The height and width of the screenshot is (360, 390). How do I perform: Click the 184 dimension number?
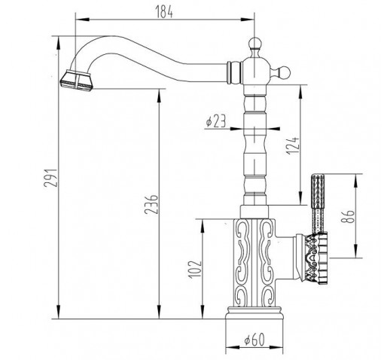tap(164, 12)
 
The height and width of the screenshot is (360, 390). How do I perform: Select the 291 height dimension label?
tap(51, 178)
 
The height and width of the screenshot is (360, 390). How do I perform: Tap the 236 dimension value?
tap(151, 204)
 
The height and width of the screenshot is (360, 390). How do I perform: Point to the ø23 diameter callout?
tap(216, 121)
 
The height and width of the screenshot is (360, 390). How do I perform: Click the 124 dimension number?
tap(293, 146)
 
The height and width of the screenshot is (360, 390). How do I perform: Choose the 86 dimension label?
tap(348, 216)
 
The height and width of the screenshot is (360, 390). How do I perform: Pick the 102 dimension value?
tap(195, 270)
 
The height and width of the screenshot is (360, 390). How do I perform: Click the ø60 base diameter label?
tap(254, 339)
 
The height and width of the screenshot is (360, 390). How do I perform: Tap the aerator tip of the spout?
tap(77, 80)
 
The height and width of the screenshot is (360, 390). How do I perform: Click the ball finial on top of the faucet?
tap(254, 43)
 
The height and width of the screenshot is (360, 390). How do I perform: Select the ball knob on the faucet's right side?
tap(285, 72)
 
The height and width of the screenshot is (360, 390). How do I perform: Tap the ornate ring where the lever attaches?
tap(315, 258)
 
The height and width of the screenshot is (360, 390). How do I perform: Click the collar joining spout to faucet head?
tap(234, 72)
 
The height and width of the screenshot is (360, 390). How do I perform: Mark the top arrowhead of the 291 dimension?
tap(58, 44)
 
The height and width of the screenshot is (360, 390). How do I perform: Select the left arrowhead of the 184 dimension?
tap(82, 20)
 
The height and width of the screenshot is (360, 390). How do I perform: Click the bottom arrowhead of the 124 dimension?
tap(300, 198)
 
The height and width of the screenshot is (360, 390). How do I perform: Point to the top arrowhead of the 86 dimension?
tap(356, 181)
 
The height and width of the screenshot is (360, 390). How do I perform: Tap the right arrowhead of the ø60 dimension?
tap(276, 347)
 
